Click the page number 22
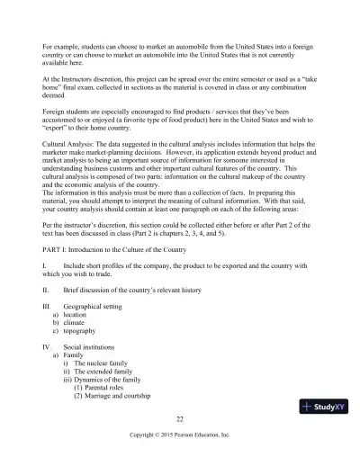click(x=180, y=418)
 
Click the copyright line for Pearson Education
click(x=180, y=435)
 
